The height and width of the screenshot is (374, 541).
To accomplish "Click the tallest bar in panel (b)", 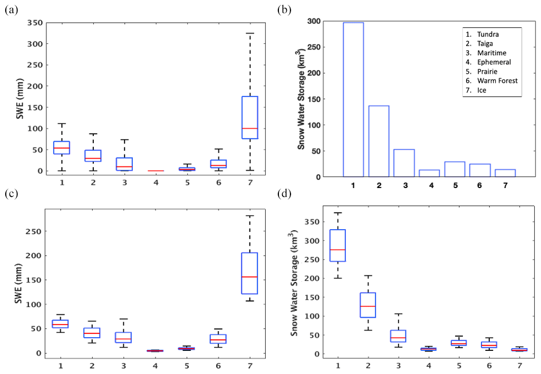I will (x=353, y=100).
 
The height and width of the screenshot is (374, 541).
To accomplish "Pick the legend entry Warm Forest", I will (x=494, y=81).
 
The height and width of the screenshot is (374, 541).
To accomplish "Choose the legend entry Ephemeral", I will (x=489, y=62).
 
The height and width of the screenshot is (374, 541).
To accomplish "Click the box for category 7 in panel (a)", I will (x=249, y=117).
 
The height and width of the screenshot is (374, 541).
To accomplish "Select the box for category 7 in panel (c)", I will (x=249, y=273).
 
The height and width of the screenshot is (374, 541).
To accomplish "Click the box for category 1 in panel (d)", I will (x=337, y=245).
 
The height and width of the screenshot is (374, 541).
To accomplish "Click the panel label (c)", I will (x=11, y=193).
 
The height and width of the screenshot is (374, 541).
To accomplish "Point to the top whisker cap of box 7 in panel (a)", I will (x=249, y=33).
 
